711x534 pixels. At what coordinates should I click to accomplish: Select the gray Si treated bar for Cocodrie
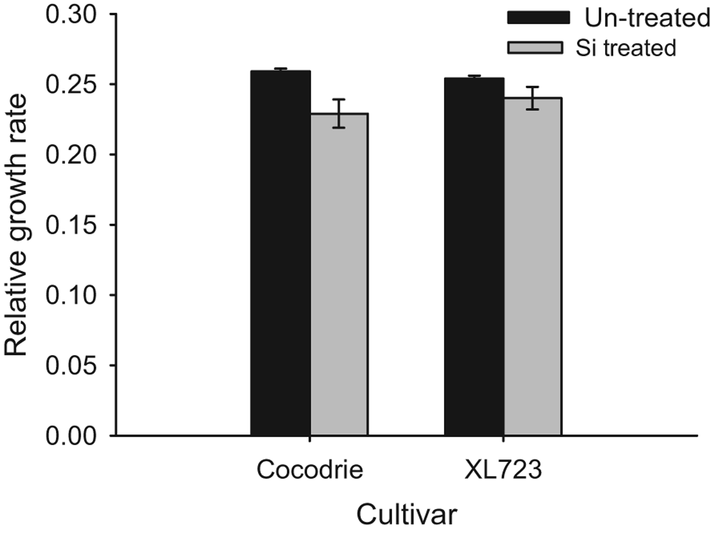pyautogui.click(x=339, y=274)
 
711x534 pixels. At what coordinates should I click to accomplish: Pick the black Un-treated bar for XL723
pyautogui.click(x=474, y=257)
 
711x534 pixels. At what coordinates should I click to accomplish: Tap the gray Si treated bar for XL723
pyautogui.click(x=532, y=266)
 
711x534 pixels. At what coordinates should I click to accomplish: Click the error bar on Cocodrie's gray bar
pyautogui.click(x=339, y=113)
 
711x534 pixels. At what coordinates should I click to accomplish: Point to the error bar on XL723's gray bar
pyautogui.click(x=532, y=98)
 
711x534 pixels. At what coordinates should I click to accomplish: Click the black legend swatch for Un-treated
pyautogui.click(x=538, y=18)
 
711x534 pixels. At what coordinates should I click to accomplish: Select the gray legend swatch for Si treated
pyautogui.click(x=535, y=48)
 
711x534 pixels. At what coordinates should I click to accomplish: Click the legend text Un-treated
pyautogui.click(x=647, y=18)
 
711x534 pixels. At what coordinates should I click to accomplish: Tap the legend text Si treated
pyautogui.click(x=626, y=48)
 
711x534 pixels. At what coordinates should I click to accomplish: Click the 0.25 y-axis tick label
pyautogui.click(x=71, y=85)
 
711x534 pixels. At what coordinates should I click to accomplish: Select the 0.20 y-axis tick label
pyautogui.click(x=71, y=155)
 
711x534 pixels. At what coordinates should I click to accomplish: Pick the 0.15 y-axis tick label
pyautogui.click(x=71, y=225)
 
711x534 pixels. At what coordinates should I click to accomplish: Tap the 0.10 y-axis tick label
pyautogui.click(x=71, y=295)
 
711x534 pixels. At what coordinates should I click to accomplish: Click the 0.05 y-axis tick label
pyautogui.click(x=71, y=365)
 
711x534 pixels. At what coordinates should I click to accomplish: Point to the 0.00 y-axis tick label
pyautogui.click(x=71, y=436)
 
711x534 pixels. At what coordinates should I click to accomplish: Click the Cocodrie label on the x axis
pyautogui.click(x=310, y=470)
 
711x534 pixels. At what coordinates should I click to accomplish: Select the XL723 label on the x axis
pyautogui.click(x=503, y=470)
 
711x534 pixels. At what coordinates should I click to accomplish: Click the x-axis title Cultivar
pyautogui.click(x=407, y=515)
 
